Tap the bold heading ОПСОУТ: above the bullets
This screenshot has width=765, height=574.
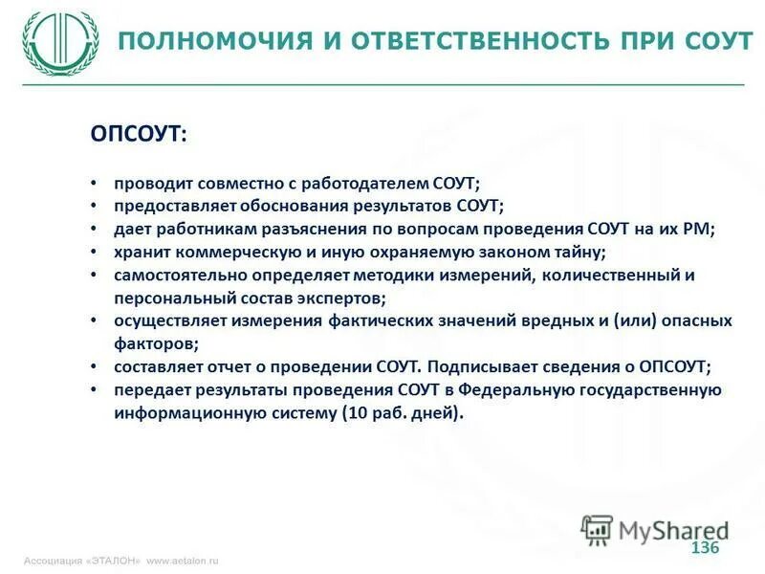pos(140,135)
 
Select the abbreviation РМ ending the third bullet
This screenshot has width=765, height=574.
pos(699,229)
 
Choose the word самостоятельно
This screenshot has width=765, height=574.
pos(177,275)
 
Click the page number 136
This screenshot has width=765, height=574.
pos(704,547)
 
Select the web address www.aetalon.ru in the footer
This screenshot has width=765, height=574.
pos(182,561)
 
